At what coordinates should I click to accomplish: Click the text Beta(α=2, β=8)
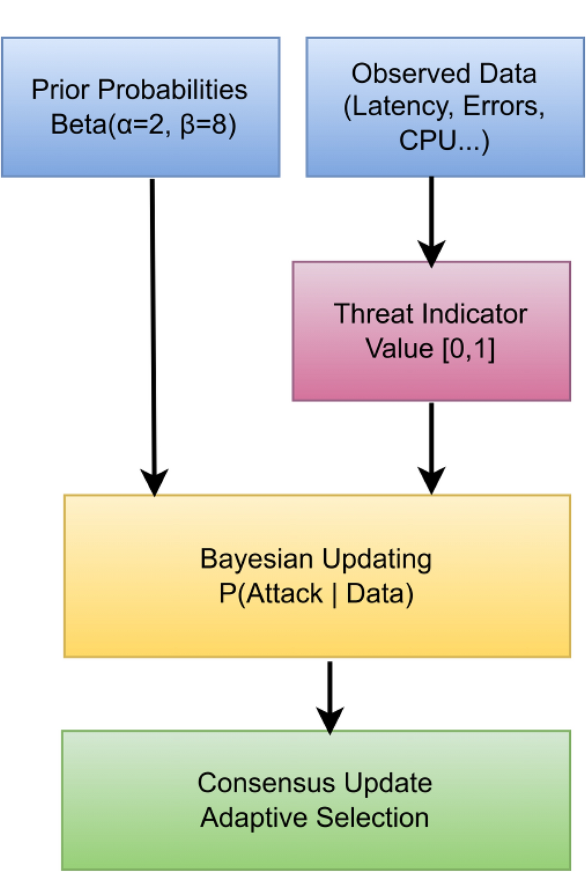(x=143, y=125)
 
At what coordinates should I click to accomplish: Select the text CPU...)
(x=444, y=140)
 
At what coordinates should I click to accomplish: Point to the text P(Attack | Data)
(x=316, y=594)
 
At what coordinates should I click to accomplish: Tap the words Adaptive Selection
(x=314, y=818)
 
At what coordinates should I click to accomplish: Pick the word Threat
(x=374, y=314)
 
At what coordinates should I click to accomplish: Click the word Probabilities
(x=173, y=90)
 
